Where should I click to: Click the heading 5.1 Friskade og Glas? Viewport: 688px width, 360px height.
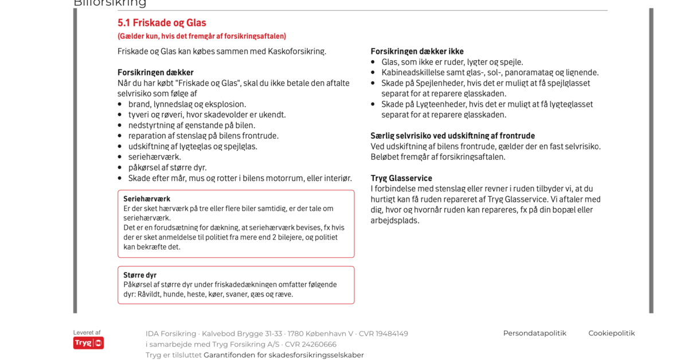[162, 23]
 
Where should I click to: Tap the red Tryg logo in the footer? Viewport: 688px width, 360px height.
[88, 343]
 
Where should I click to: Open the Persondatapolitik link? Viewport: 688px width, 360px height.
[534, 333]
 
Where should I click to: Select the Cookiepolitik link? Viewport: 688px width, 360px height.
[611, 333]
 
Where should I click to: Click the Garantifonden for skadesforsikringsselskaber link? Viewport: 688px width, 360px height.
[283, 355]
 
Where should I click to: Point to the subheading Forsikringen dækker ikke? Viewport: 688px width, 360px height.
[417, 51]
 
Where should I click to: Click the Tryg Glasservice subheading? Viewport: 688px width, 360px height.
[401, 178]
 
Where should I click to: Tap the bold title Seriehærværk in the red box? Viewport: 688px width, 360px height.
[147, 199]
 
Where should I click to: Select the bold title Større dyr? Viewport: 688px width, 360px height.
[140, 275]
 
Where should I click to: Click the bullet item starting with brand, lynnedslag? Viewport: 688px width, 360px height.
[187, 104]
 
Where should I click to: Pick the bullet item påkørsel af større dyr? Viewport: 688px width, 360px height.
[167, 167]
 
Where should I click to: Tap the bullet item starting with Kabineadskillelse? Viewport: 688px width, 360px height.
[490, 72]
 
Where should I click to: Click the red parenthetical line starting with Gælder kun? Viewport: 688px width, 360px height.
[202, 36]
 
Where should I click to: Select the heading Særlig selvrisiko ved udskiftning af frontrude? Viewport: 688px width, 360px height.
[452, 136]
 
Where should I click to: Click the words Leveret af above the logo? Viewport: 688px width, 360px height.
[87, 332]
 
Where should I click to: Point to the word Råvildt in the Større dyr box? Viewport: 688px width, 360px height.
[150, 294]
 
